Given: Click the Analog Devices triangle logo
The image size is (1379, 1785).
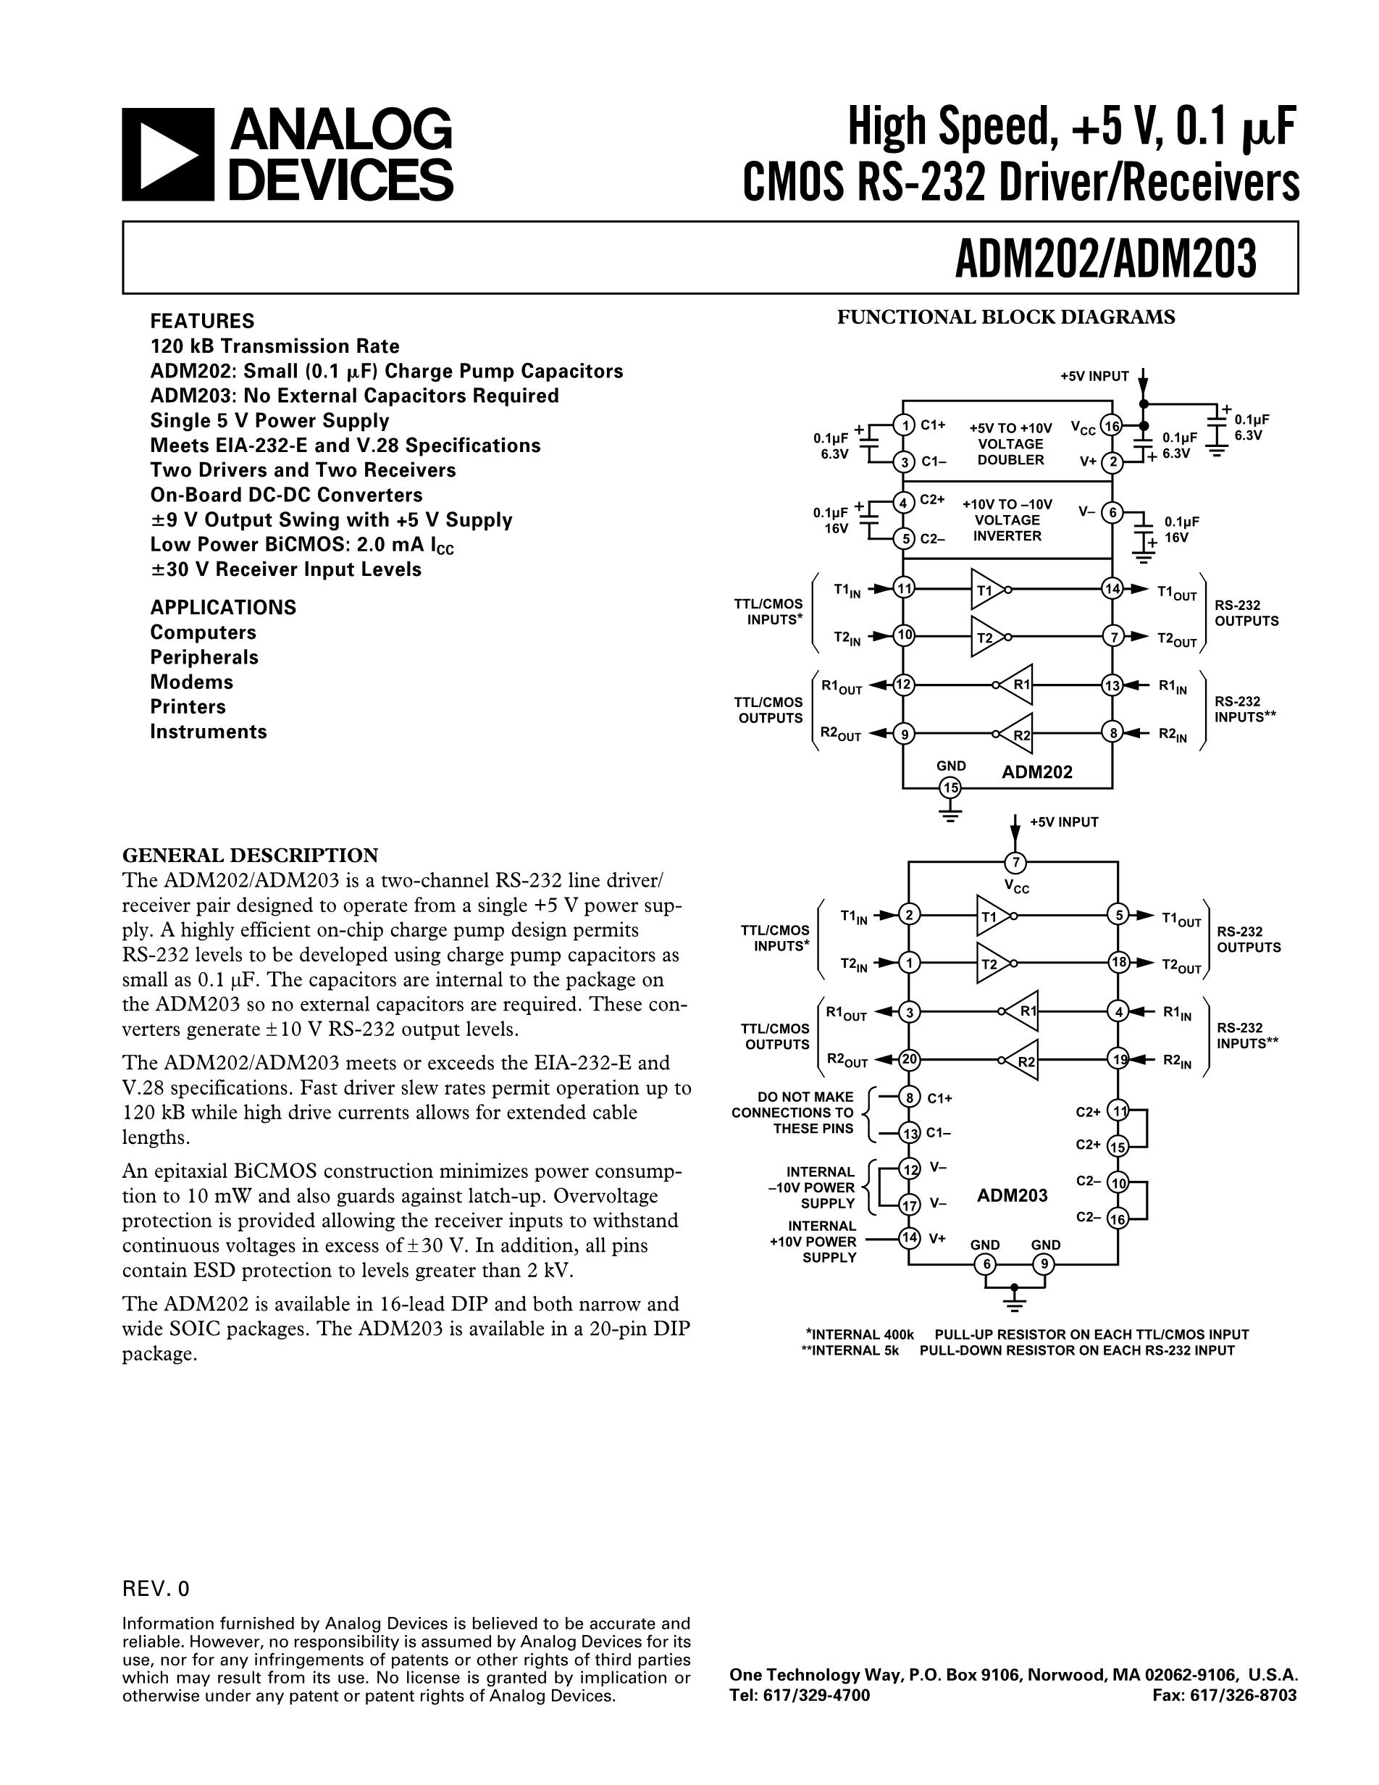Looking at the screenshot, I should (167, 154).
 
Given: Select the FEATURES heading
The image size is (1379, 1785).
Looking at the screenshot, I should (202, 321).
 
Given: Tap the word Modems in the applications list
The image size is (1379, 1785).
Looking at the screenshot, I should (191, 682).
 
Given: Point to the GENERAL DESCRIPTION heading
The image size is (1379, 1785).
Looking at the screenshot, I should (250, 856).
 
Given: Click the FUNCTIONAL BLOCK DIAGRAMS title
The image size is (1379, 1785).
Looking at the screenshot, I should (1006, 317).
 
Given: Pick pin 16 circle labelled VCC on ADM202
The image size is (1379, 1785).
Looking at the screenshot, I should (1111, 426).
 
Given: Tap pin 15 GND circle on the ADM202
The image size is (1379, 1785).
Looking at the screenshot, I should (950, 788).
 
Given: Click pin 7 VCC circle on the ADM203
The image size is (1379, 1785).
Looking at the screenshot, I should (1015, 862).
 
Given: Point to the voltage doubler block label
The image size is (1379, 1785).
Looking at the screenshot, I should (1010, 444).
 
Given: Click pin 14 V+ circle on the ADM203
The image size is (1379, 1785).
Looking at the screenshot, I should (908, 1237).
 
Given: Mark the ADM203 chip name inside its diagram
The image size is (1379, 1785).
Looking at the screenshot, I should (1013, 1196).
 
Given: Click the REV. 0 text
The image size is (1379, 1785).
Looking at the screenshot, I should (155, 1589).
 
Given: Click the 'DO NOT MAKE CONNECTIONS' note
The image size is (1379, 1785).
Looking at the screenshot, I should (792, 1112).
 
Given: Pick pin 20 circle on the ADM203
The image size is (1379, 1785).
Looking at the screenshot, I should (908, 1061).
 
